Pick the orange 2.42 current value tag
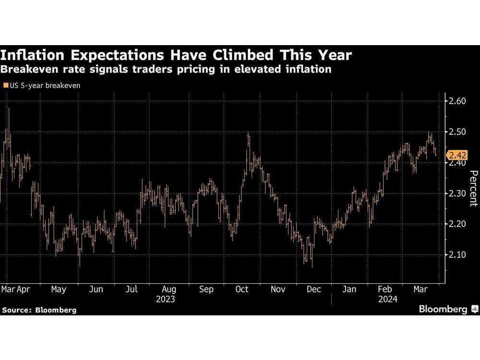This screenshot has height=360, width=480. point(456,155)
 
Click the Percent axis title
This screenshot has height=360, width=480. point(472,188)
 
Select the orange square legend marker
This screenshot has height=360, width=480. point(5,85)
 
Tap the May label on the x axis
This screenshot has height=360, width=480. point(58,289)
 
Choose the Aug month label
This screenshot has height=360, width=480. point(169,289)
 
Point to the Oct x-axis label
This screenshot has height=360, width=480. point(242,289)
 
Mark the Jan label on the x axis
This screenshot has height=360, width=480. point(349,289)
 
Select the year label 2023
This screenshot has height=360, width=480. point(165,299)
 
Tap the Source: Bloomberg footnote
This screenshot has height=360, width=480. point(39,310)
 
